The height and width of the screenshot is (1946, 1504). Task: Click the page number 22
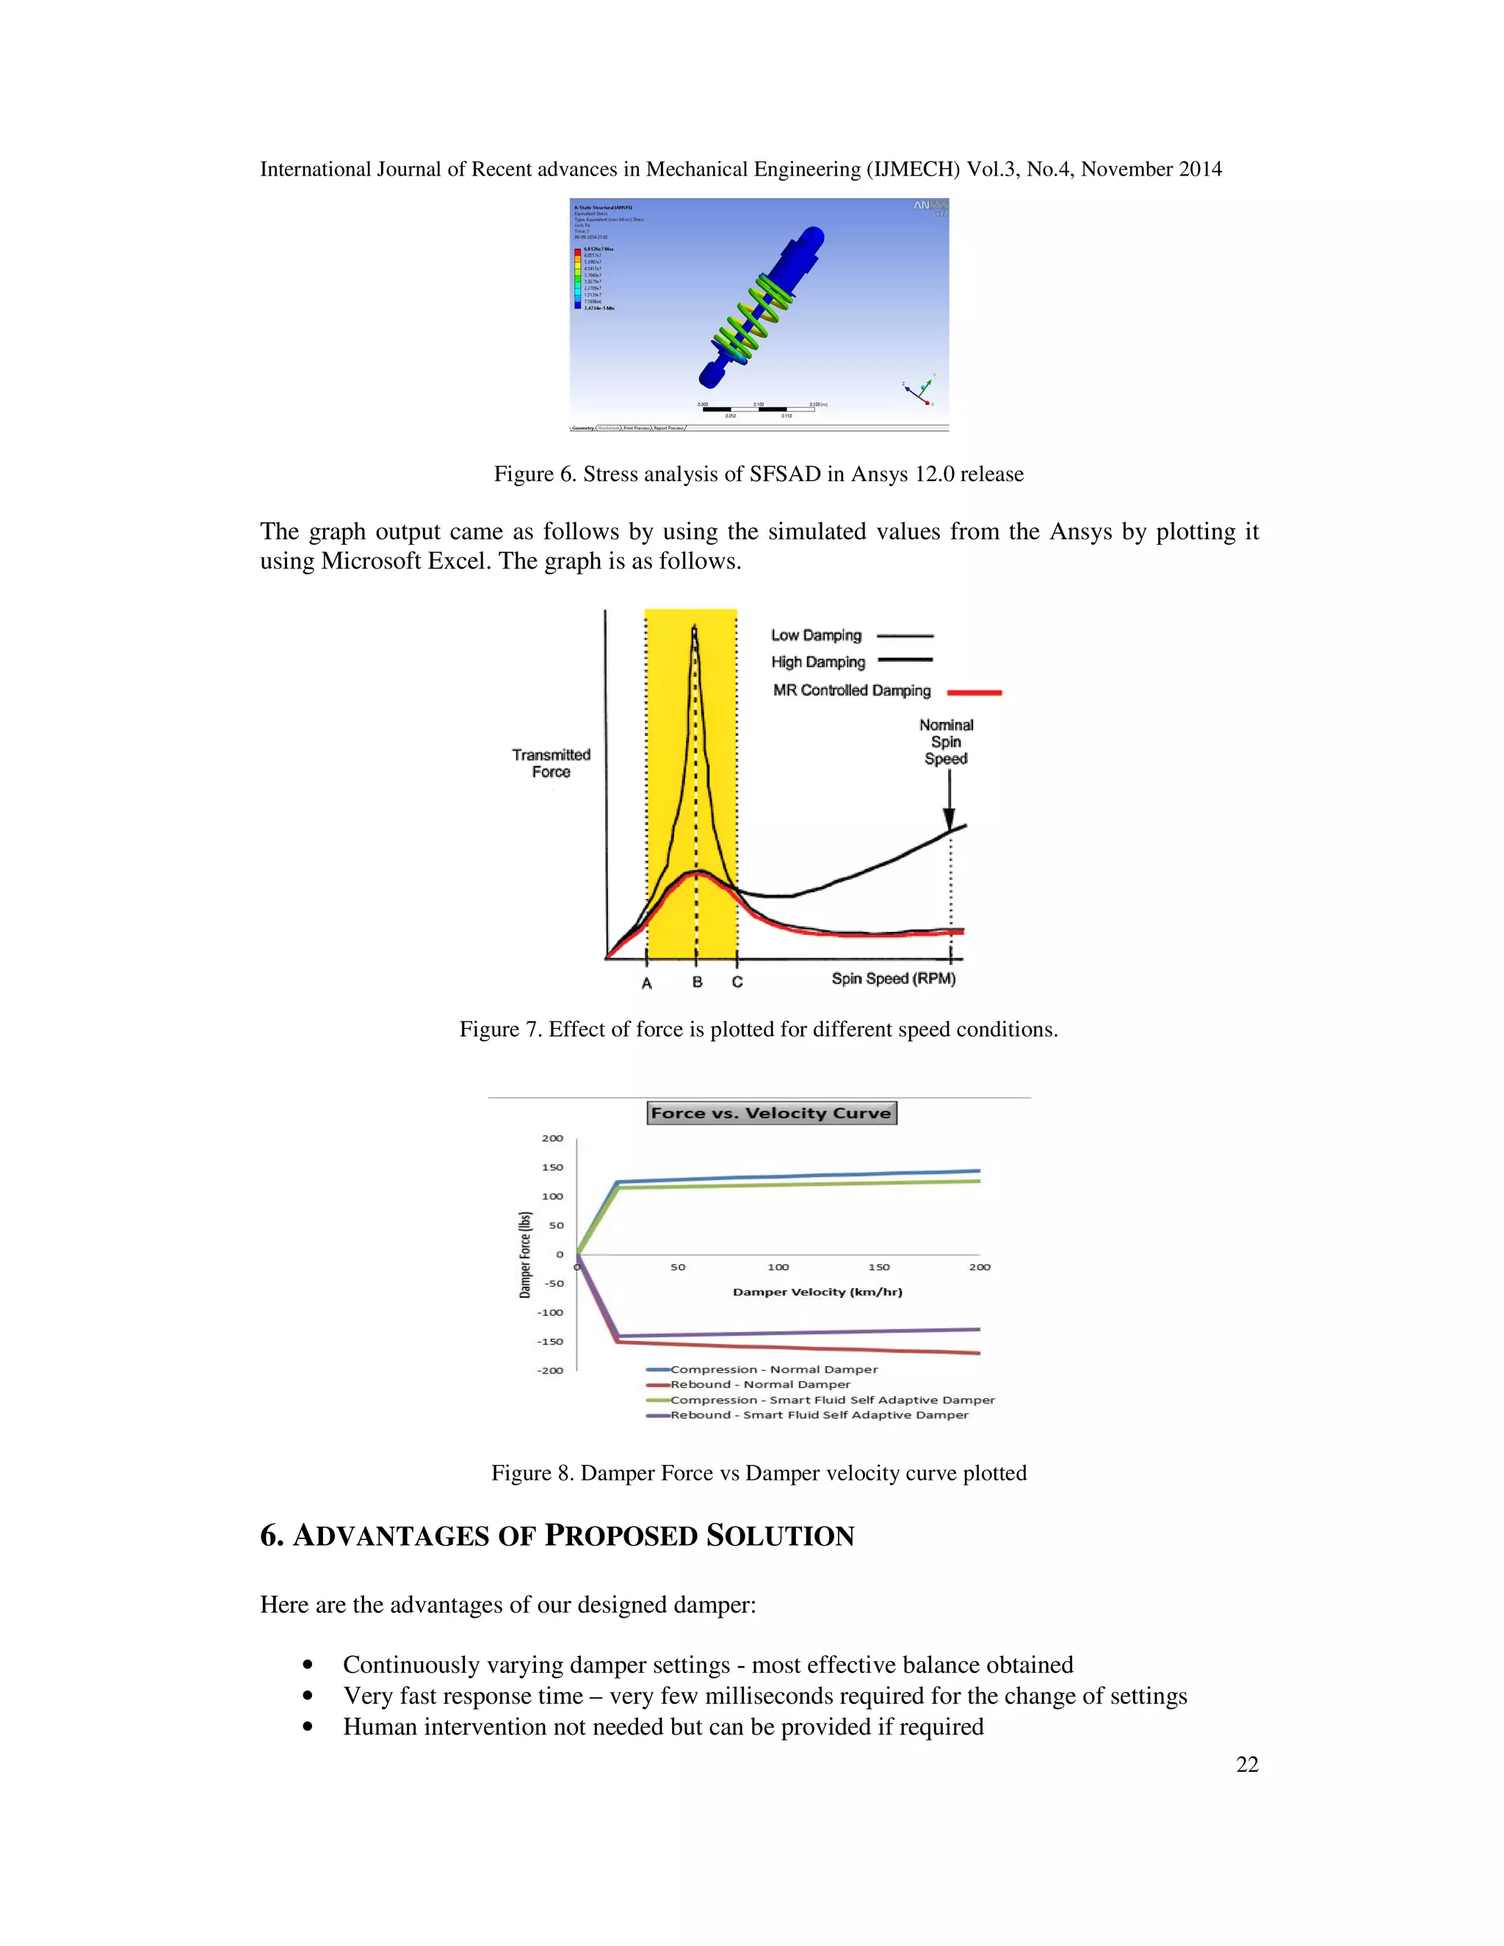(x=1246, y=1764)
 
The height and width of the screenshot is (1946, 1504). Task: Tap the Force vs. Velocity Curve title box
(x=770, y=1113)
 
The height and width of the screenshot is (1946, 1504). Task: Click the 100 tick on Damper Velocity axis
(x=778, y=1266)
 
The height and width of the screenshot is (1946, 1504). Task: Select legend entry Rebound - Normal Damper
(x=759, y=1383)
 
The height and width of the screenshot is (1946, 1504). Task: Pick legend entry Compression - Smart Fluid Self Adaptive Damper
(x=831, y=1399)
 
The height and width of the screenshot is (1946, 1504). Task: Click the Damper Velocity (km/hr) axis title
(x=817, y=1291)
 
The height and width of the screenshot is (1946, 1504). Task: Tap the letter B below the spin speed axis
(x=697, y=982)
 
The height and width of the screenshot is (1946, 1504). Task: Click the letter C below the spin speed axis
(x=737, y=982)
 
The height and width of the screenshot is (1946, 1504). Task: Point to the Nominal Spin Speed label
(x=945, y=742)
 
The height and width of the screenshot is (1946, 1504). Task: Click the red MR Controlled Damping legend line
(x=974, y=692)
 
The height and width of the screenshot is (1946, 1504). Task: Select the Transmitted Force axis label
(x=551, y=763)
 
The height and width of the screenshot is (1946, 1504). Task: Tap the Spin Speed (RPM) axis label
(x=893, y=978)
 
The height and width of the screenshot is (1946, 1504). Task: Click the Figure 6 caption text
(x=758, y=474)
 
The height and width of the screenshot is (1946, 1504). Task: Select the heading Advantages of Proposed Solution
(x=557, y=1536)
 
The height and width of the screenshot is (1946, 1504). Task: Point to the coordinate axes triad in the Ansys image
(x=920, y=390)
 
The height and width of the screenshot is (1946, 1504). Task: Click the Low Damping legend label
(x=816, y=635)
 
